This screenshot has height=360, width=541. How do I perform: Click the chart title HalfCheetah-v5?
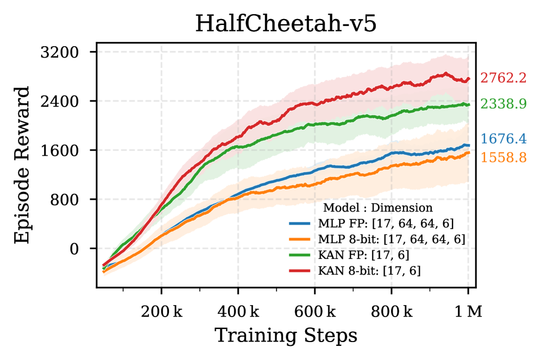pos(286,24)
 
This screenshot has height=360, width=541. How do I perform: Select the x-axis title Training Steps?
pos(286,335)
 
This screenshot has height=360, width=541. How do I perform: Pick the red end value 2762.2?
pos(504,79)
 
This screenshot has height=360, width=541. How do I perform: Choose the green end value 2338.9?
pos(504,104)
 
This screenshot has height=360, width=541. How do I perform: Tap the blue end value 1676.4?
pos(504,140)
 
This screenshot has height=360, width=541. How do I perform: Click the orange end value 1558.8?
pos(504,157)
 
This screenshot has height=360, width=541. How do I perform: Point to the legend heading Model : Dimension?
pos(378,207)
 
